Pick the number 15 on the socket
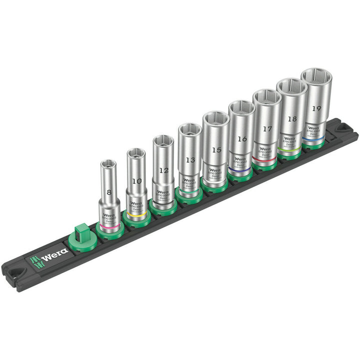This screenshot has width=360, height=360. [216, 149]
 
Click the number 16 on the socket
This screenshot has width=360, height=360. [242, 139]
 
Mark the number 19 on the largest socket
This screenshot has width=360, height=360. [316, 107]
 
